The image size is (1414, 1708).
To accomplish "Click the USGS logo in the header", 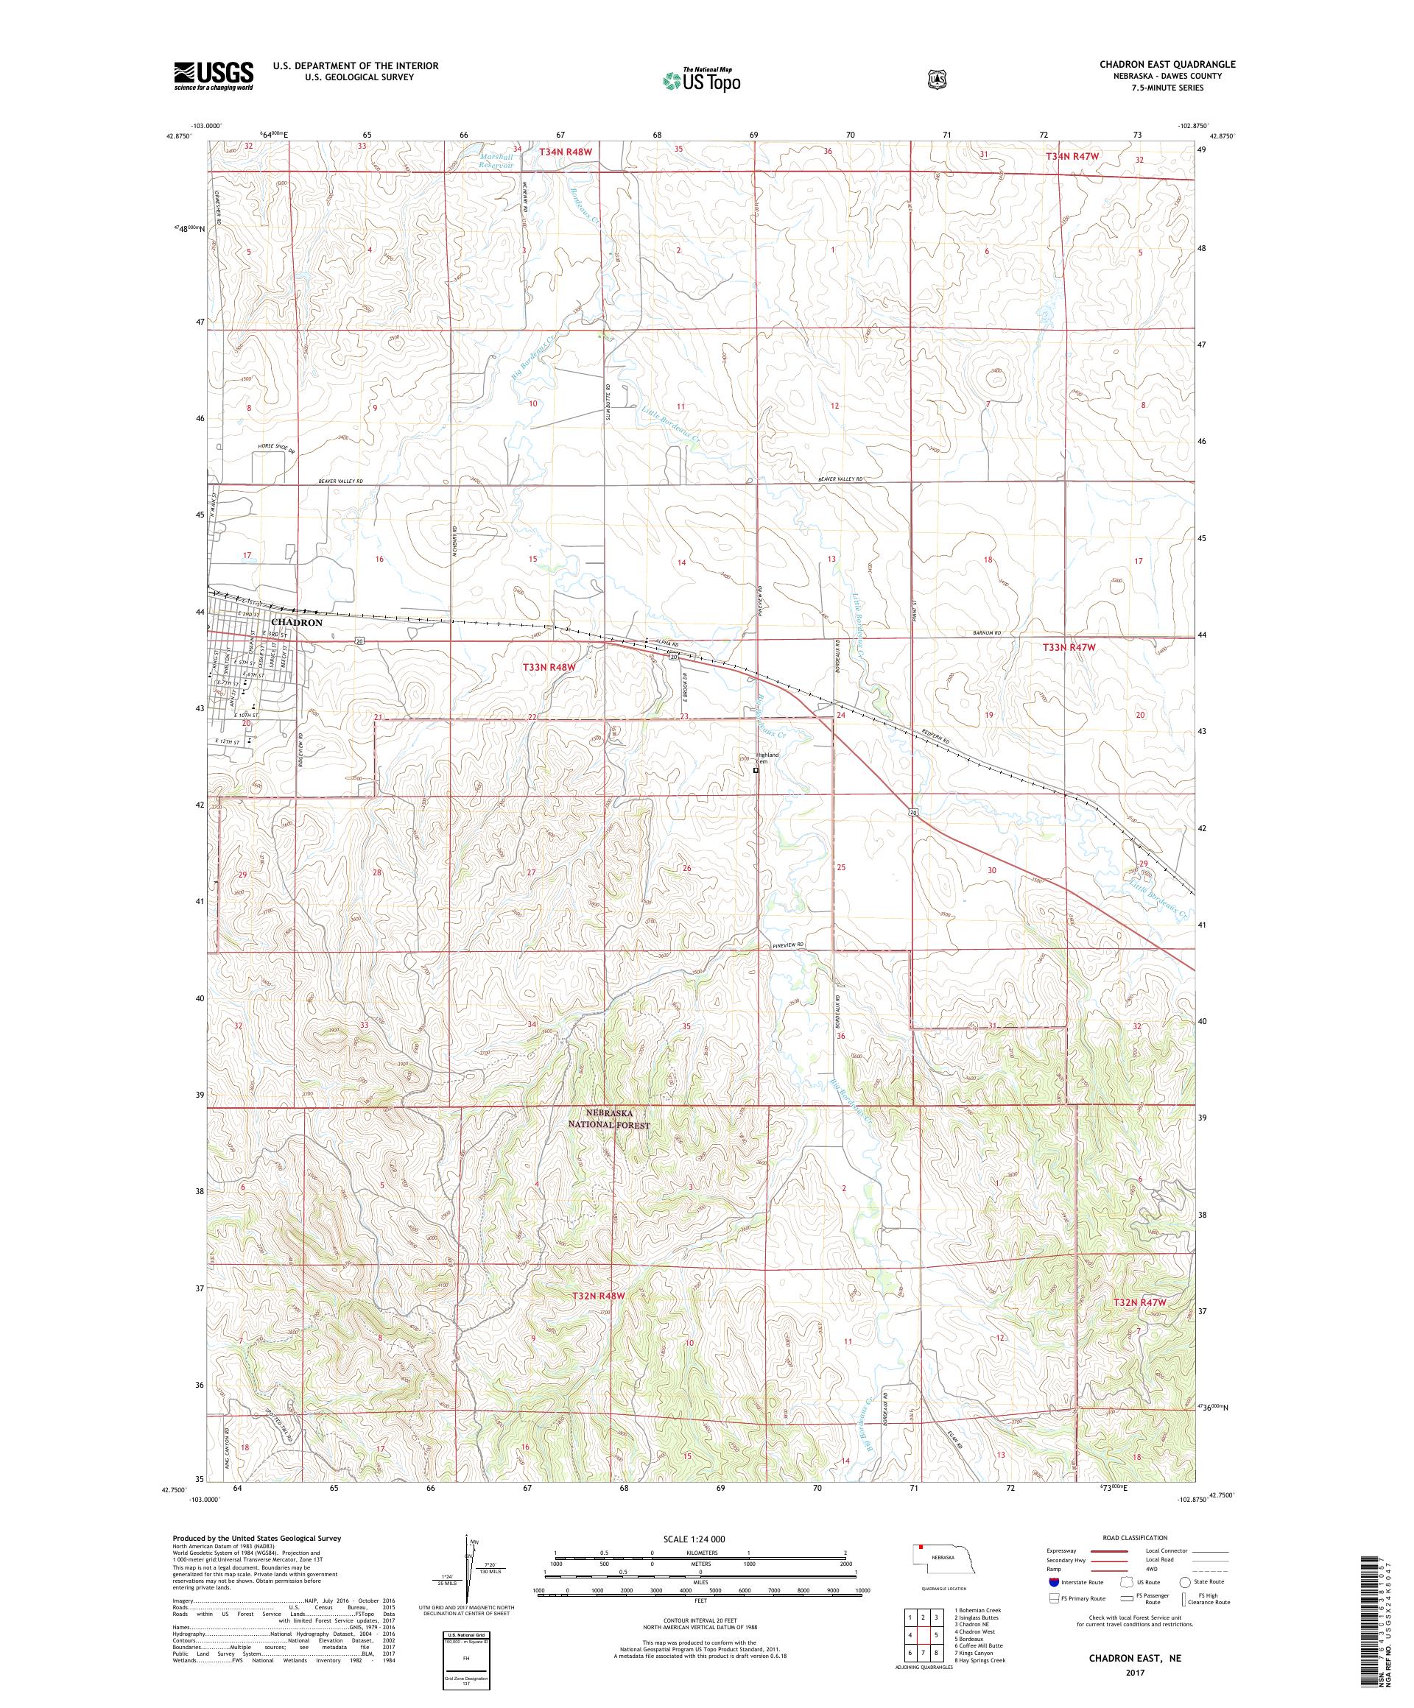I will (x=213, y=76).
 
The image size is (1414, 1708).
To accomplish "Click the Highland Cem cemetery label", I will (x=768, y=758).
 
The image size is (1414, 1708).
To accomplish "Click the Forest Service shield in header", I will (x=937, y=80).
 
